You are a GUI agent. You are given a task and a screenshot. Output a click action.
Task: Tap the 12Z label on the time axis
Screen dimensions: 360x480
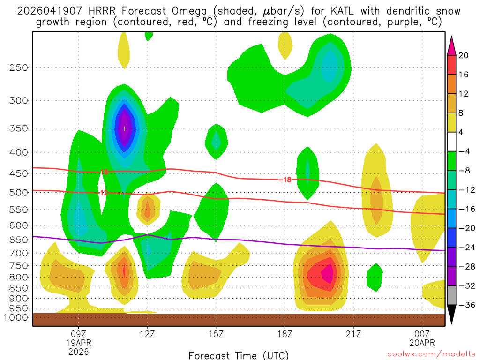(x=147, y=335)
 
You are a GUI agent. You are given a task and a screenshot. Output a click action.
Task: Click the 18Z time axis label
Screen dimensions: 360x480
(x=285, y=335)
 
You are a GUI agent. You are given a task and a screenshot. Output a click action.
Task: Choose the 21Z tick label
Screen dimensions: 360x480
(x=353, y=335)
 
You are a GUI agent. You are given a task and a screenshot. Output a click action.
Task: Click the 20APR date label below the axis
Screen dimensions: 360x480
(x=422, y=343)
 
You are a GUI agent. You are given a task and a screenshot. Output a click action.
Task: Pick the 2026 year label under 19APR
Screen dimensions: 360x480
(x=78, y=351)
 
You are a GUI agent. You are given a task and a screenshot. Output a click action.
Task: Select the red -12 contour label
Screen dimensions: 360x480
(x=104, y=193)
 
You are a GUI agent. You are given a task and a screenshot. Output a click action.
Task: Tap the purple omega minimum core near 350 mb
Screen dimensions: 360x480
(x=124, y=127)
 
